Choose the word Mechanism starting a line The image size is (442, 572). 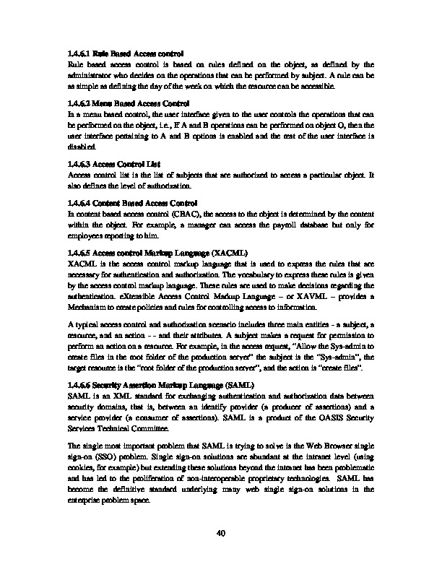87,305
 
